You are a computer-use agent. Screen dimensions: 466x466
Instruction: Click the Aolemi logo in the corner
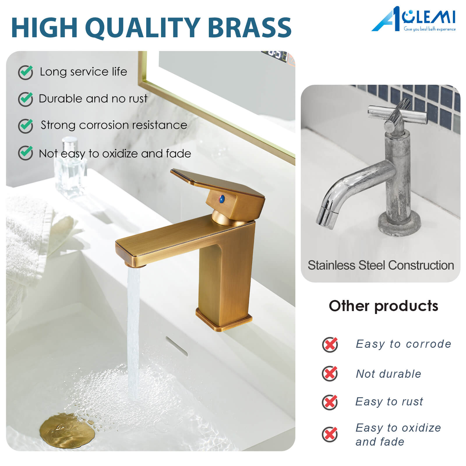pyautogui.click(x=414, y=19)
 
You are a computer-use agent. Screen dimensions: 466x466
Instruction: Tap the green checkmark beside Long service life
pyautogui.click(x=26, y=72)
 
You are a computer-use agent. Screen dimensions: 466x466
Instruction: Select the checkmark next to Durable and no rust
pyautogui.click(x=26, y=99)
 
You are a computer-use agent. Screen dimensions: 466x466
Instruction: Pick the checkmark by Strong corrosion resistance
pyautogui.click(x=26, y=126)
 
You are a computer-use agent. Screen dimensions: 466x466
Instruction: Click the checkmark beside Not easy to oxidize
pyautogui.click(x=26, y=153)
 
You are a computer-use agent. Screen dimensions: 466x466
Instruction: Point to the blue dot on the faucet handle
pyautogui.click(x=222, y=199)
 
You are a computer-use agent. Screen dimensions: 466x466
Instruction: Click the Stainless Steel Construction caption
pyautogui.click(x=381, y=265)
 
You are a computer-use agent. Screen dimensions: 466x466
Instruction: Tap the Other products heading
pyautogui.click(x=383, y=306)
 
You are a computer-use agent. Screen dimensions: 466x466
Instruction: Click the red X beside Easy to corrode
pyautogui.click(x=330, y=345)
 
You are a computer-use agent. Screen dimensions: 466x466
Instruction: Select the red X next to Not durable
pyautogui.click(x=330, y=373)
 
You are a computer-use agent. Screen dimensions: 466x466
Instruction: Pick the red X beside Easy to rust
pyautogui.click(x=330, y=402)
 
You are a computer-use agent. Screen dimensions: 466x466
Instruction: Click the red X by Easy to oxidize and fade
pyautogui.click(x=330, y=434)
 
